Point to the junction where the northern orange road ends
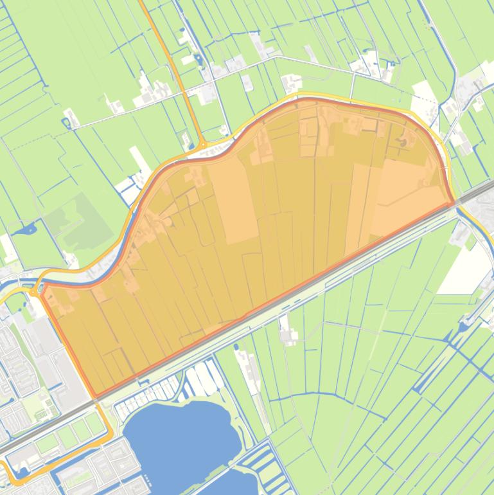[200, 145]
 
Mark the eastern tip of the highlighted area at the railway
[453, 204]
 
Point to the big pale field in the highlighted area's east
[405, 193]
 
